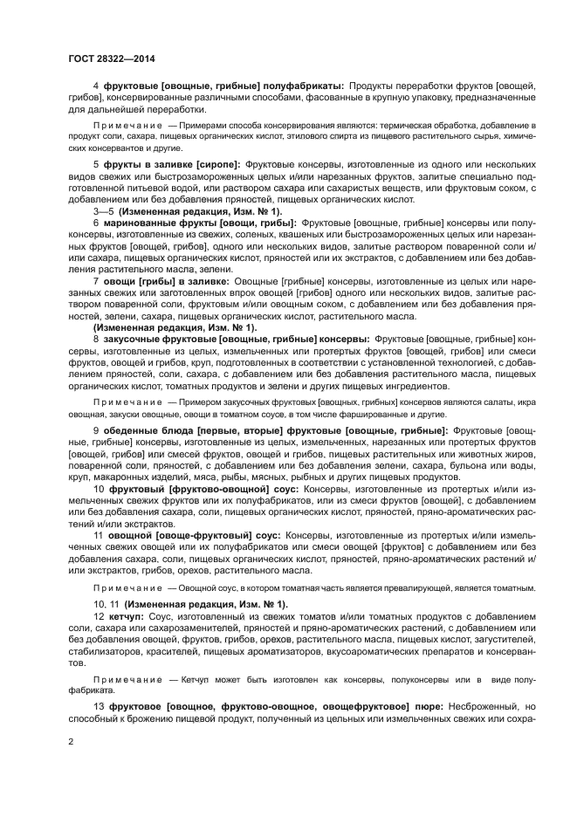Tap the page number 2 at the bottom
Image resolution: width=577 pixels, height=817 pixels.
(71, 742)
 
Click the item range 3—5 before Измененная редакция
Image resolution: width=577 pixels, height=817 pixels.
(104, 211)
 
